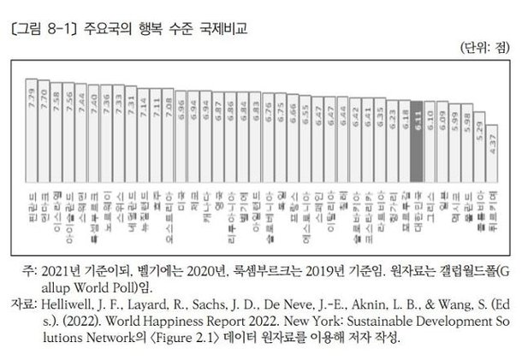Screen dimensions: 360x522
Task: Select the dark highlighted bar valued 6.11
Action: tap(415, 150)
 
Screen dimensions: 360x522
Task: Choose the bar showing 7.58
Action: tap(57, 133)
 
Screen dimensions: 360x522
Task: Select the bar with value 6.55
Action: tap(305, 145)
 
